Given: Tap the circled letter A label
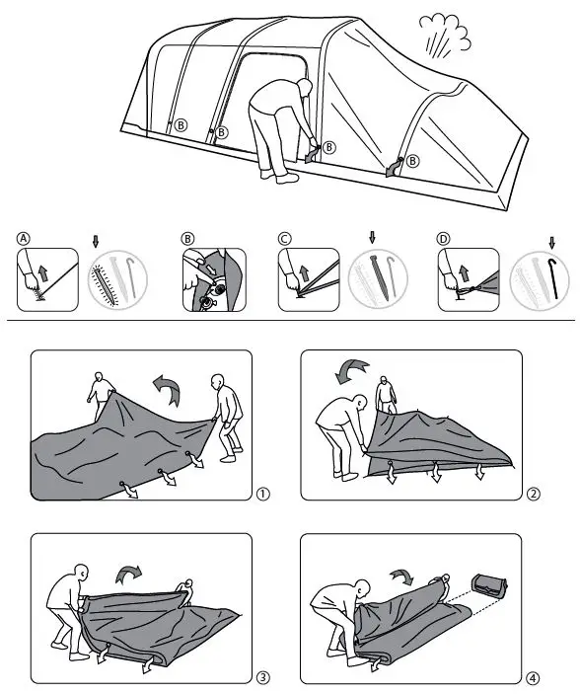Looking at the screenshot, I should coord(23,238).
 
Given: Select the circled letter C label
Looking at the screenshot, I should coord(284,238).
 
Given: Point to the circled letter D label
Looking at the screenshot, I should coord(444,238).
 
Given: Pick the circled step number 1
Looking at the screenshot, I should coord(261,494).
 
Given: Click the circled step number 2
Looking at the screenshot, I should coord(533,494).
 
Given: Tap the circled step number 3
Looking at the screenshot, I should coord(261,677).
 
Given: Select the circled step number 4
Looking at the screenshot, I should coord(533,677).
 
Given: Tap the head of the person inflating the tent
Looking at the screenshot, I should coord(303,89).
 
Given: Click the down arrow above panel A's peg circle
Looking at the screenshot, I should coord(96,239).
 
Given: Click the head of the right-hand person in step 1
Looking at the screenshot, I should coord(218,382).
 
